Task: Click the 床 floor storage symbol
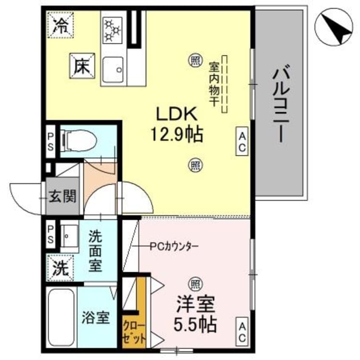click(83, 66)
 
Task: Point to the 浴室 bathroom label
click(96, 317)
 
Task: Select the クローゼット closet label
click(135, 333)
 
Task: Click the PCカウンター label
click(174, 246)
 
